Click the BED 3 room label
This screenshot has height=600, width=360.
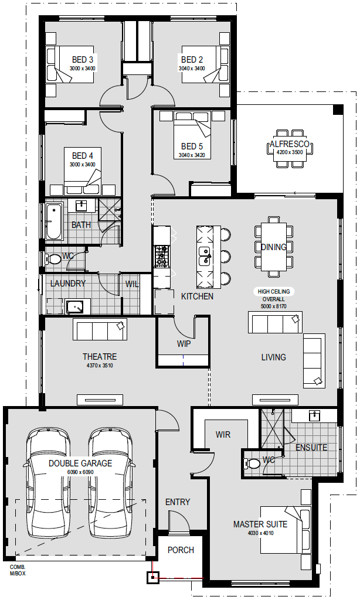pos(82,60)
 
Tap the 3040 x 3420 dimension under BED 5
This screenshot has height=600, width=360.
pos(192,155)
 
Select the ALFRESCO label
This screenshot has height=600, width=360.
pos(289,144)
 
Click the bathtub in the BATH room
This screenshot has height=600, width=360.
pos(53,221)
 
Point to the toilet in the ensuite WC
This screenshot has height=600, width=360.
pos(250,463)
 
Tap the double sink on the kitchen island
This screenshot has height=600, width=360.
pos(205,256)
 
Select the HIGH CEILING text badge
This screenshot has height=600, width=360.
pos(273,292)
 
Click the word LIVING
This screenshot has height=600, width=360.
pos(273,357)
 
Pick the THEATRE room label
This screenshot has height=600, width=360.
pos(100,357)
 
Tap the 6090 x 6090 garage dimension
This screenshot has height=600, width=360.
pos(80,472)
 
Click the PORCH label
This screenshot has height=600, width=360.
pos(181,550)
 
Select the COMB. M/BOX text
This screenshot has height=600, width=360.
pos(18,570)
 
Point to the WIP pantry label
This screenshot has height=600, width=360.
pos(184,343)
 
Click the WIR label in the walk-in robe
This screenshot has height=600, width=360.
pos(223,435)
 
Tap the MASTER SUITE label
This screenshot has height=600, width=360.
pos(260,524)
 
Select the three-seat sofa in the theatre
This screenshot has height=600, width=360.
pos(100,329)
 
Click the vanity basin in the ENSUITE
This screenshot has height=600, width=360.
pos(314,415)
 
